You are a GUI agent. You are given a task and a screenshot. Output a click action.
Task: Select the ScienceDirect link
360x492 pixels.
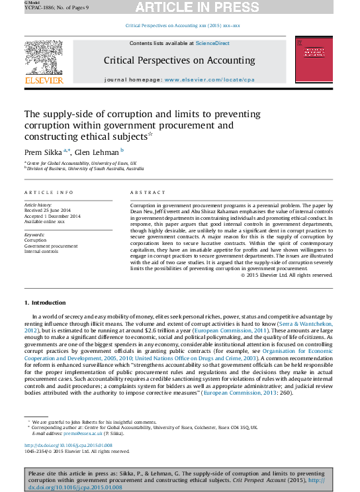212,43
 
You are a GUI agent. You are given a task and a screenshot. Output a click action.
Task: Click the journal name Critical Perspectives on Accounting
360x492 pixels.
179,60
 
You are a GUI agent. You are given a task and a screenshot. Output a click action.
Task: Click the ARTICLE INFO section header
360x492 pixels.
49,192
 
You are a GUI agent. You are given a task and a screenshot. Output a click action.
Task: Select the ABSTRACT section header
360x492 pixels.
144,192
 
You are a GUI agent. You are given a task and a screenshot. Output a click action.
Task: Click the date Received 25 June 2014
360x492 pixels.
50,211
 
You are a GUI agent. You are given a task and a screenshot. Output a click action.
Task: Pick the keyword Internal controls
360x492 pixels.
42,251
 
